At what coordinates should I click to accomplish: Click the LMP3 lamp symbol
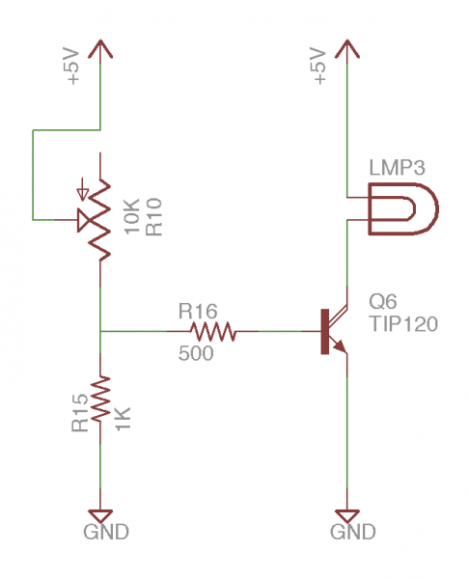pos(401,207)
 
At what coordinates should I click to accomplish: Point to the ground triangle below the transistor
pos(346,512)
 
